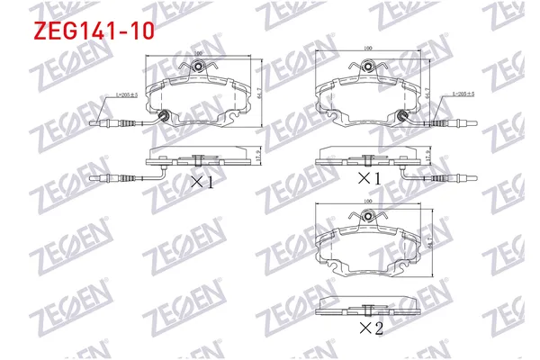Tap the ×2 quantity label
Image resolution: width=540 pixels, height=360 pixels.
[x=370, y=328]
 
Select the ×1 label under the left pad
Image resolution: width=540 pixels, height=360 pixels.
[x=201, y=184]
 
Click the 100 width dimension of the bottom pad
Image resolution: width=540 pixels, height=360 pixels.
[x=366, y=202]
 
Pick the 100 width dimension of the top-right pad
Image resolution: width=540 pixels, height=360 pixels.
[x=367, y=49]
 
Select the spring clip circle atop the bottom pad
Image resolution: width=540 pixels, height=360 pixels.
[x=367, y=216]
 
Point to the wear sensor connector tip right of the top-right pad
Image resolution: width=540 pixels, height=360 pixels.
[x=471, y=120]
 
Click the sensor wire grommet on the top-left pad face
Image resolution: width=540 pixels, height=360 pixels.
[x=164, y=114]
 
